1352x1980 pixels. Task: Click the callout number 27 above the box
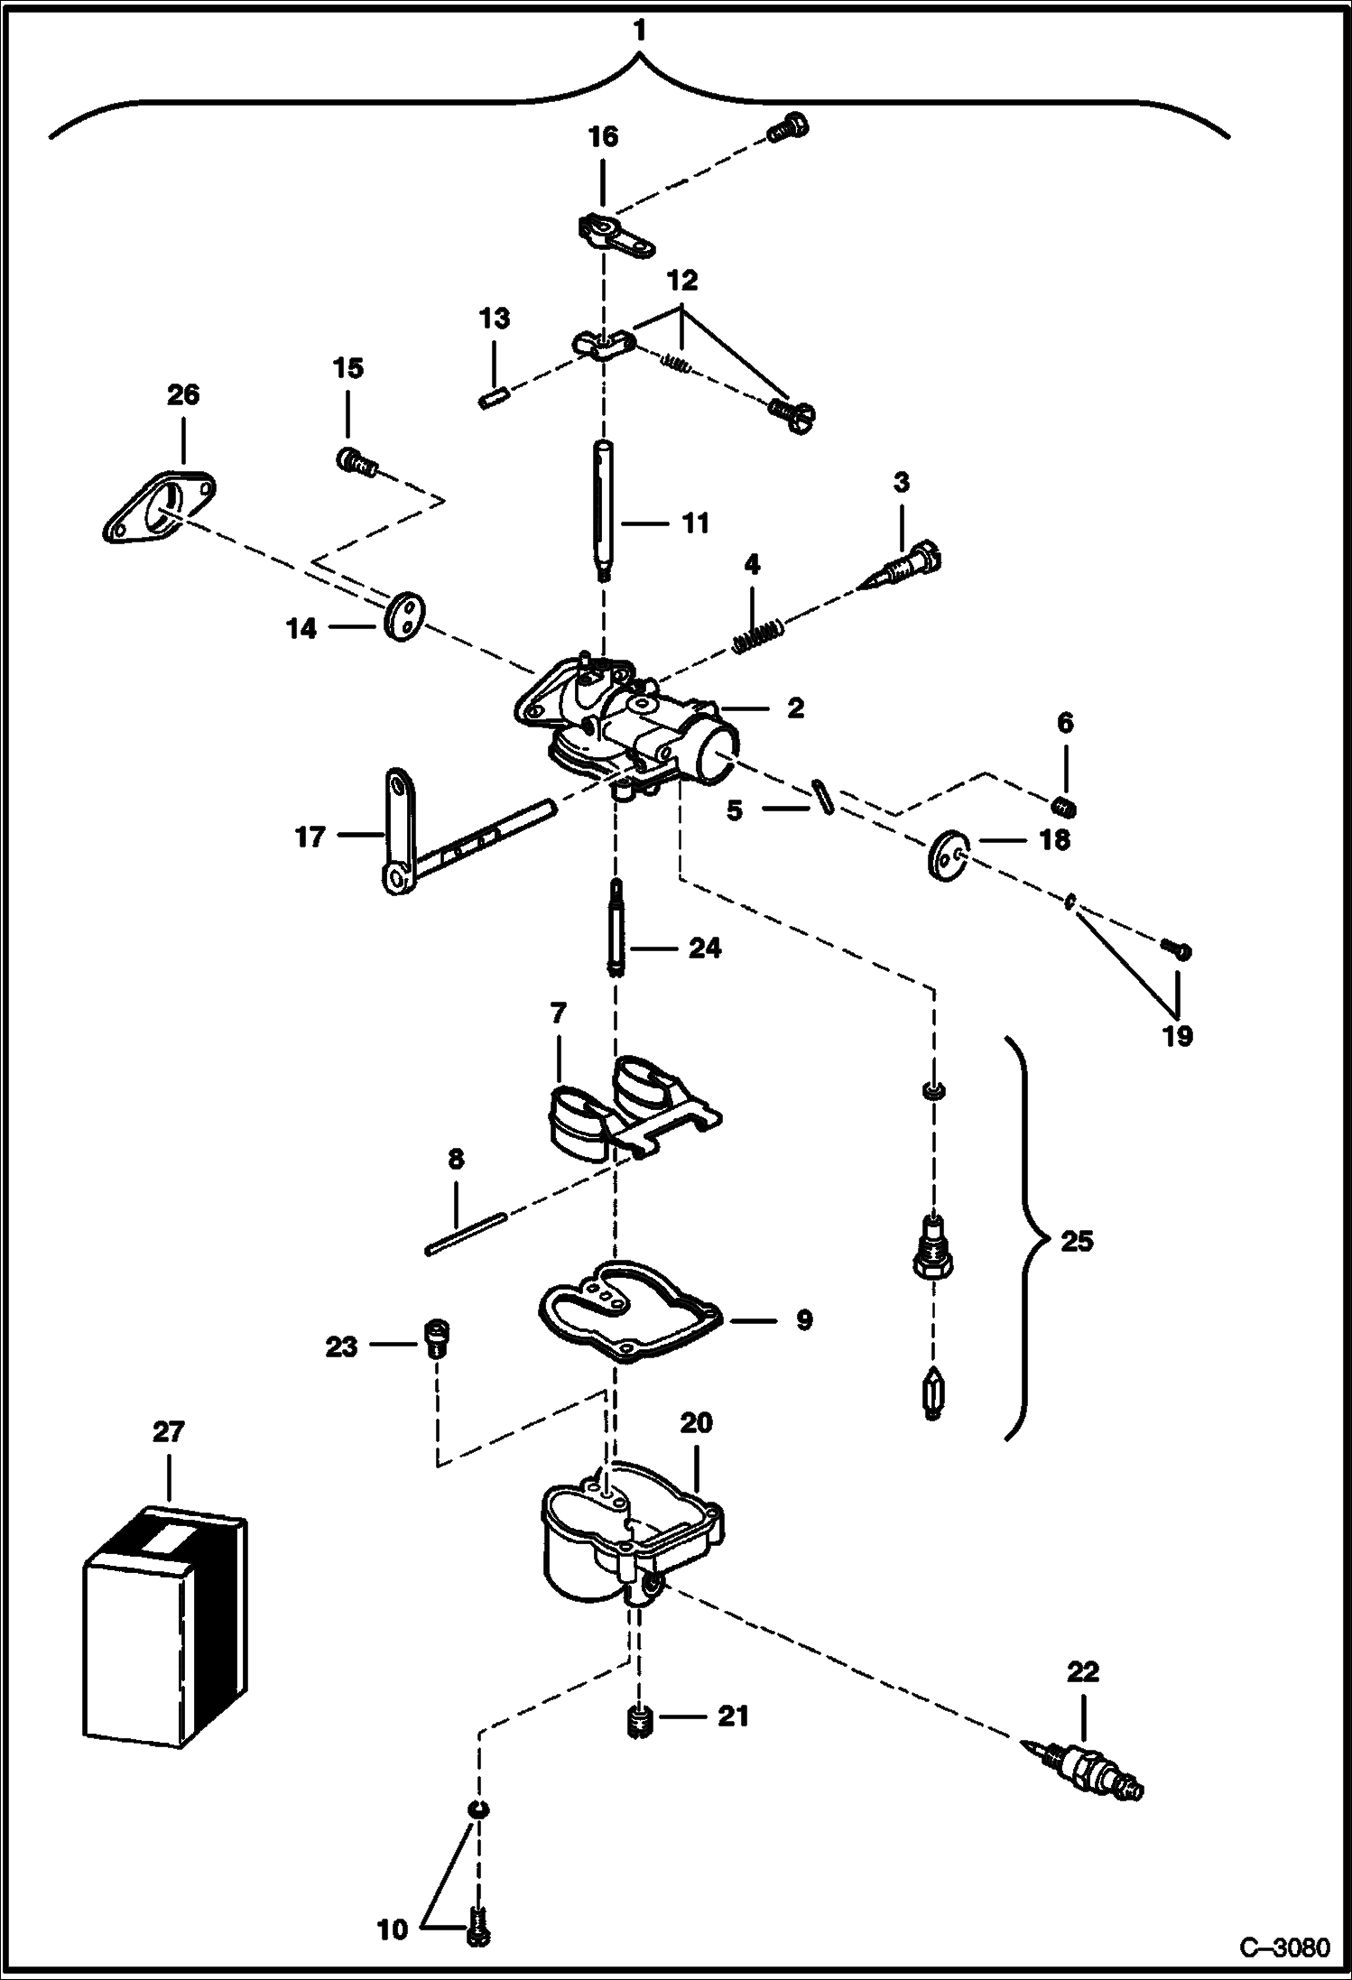point(168,1432)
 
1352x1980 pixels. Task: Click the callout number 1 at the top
point(639,32)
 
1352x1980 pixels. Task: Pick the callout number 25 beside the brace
point(1076,1241)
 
